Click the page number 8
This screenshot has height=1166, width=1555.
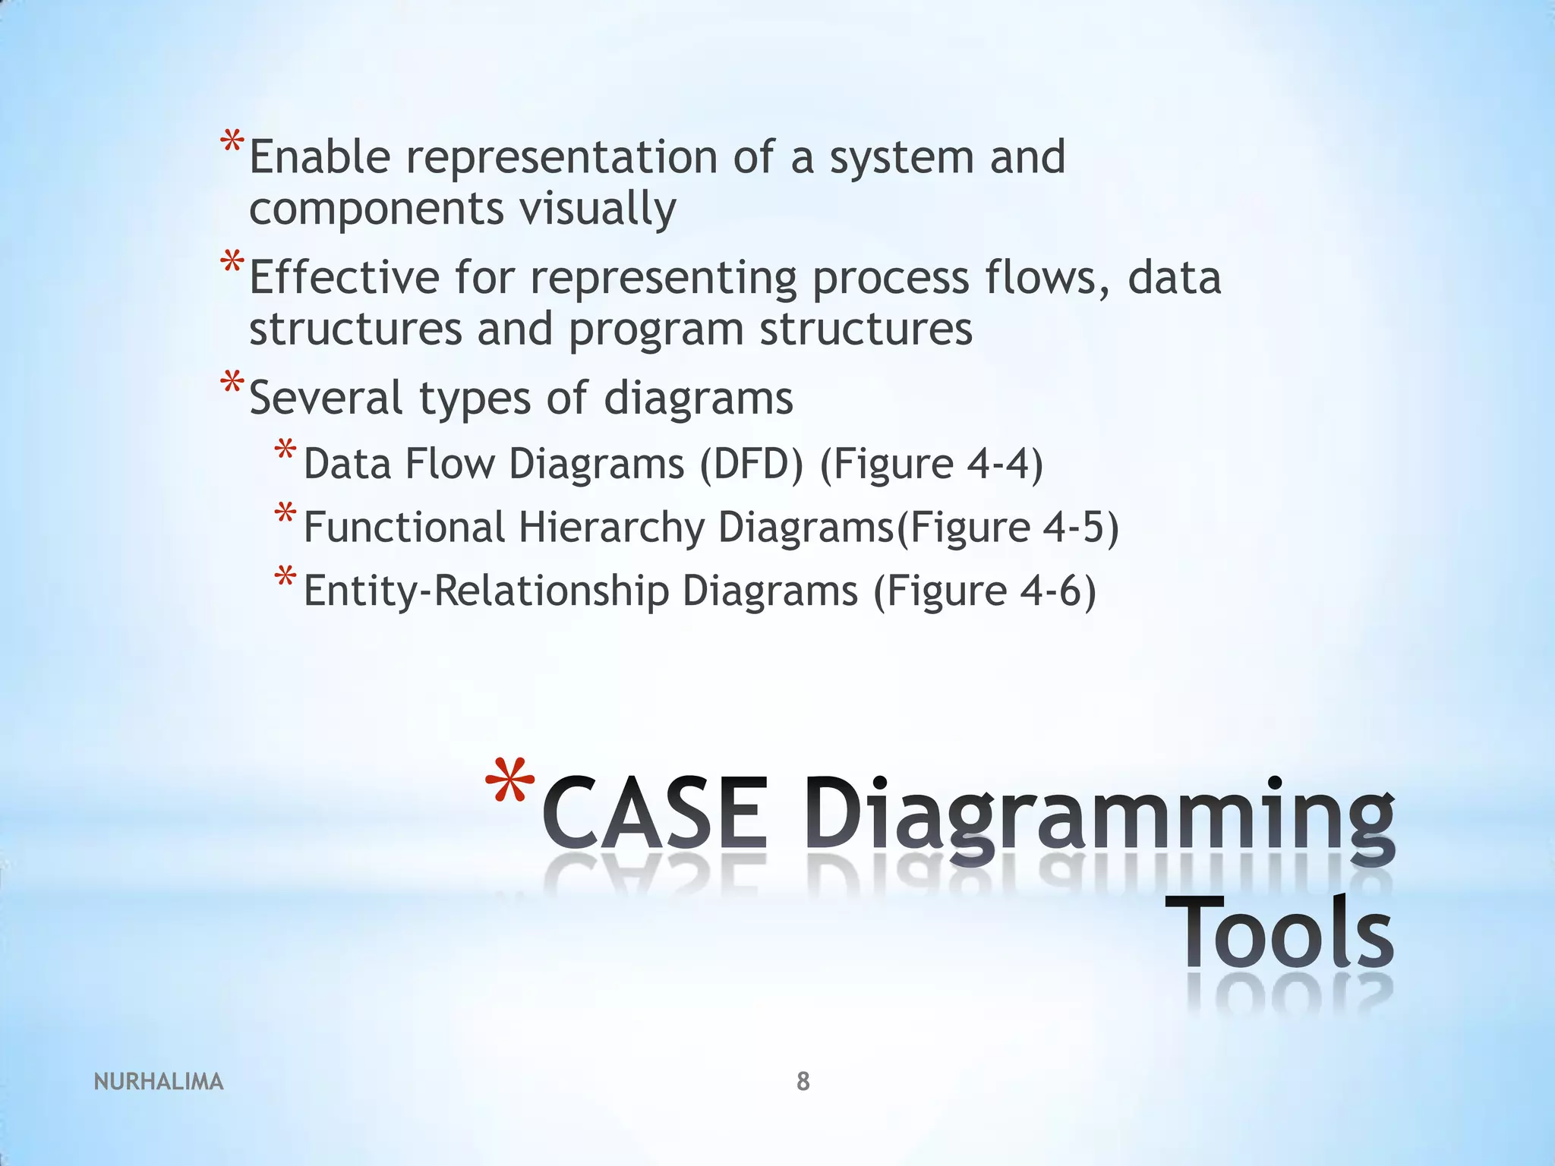pos(803,1081)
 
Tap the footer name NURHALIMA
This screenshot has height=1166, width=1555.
pos(159,1081)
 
